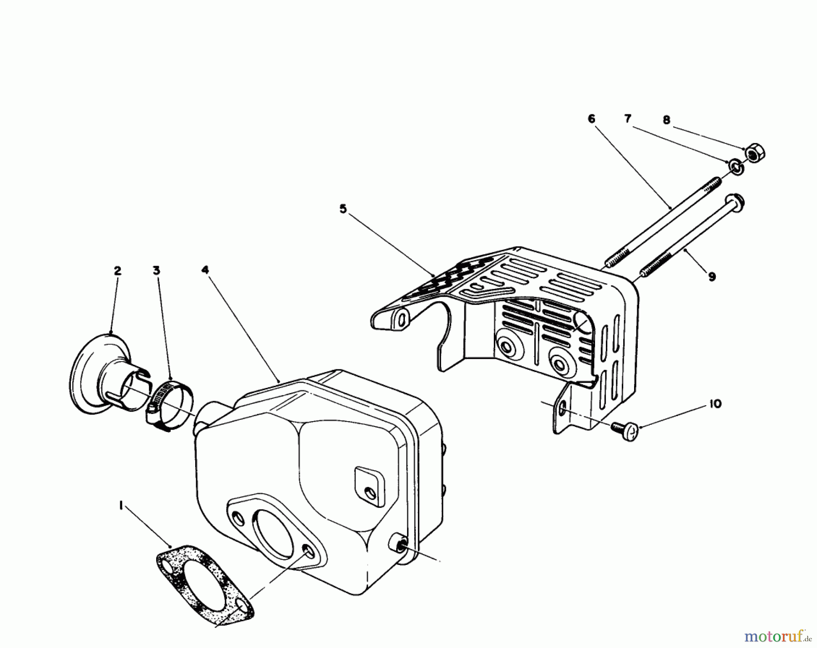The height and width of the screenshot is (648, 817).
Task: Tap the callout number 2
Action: (118, 271)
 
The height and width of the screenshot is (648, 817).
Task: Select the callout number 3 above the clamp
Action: (156, 271)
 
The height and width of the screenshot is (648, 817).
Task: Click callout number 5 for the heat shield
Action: (343, 209)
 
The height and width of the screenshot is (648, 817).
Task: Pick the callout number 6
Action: (591, 119)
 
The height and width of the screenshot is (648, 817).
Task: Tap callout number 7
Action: (628, 119)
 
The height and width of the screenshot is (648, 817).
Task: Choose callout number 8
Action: (666, 120)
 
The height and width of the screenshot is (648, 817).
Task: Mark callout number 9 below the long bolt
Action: (712, 276)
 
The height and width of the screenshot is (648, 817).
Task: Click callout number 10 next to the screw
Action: (715, 404)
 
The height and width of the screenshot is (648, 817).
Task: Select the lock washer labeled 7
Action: (736, 167)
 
